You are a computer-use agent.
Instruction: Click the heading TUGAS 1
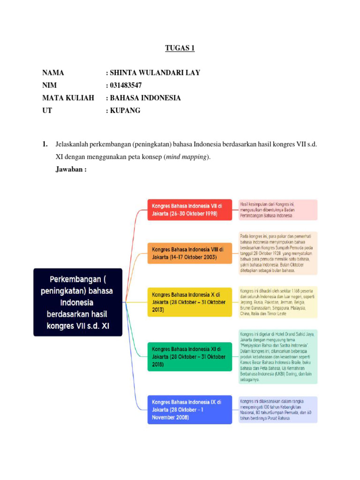tap(180, 48)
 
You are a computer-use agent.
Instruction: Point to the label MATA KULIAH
tap(68, 98)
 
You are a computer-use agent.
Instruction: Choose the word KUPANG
tap(125, 111)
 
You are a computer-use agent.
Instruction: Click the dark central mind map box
tap(78, 302)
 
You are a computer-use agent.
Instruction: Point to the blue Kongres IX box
tap(190, 409)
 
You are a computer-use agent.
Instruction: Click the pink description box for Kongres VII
tap(278, 210)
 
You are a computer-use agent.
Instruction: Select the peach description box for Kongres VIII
tap(278, 253)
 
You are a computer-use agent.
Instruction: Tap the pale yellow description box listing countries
tap(278, 302)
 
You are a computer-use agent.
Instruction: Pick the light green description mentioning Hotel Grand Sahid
tap(278, 356)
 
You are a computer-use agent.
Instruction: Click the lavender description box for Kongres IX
tap(278, 409)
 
